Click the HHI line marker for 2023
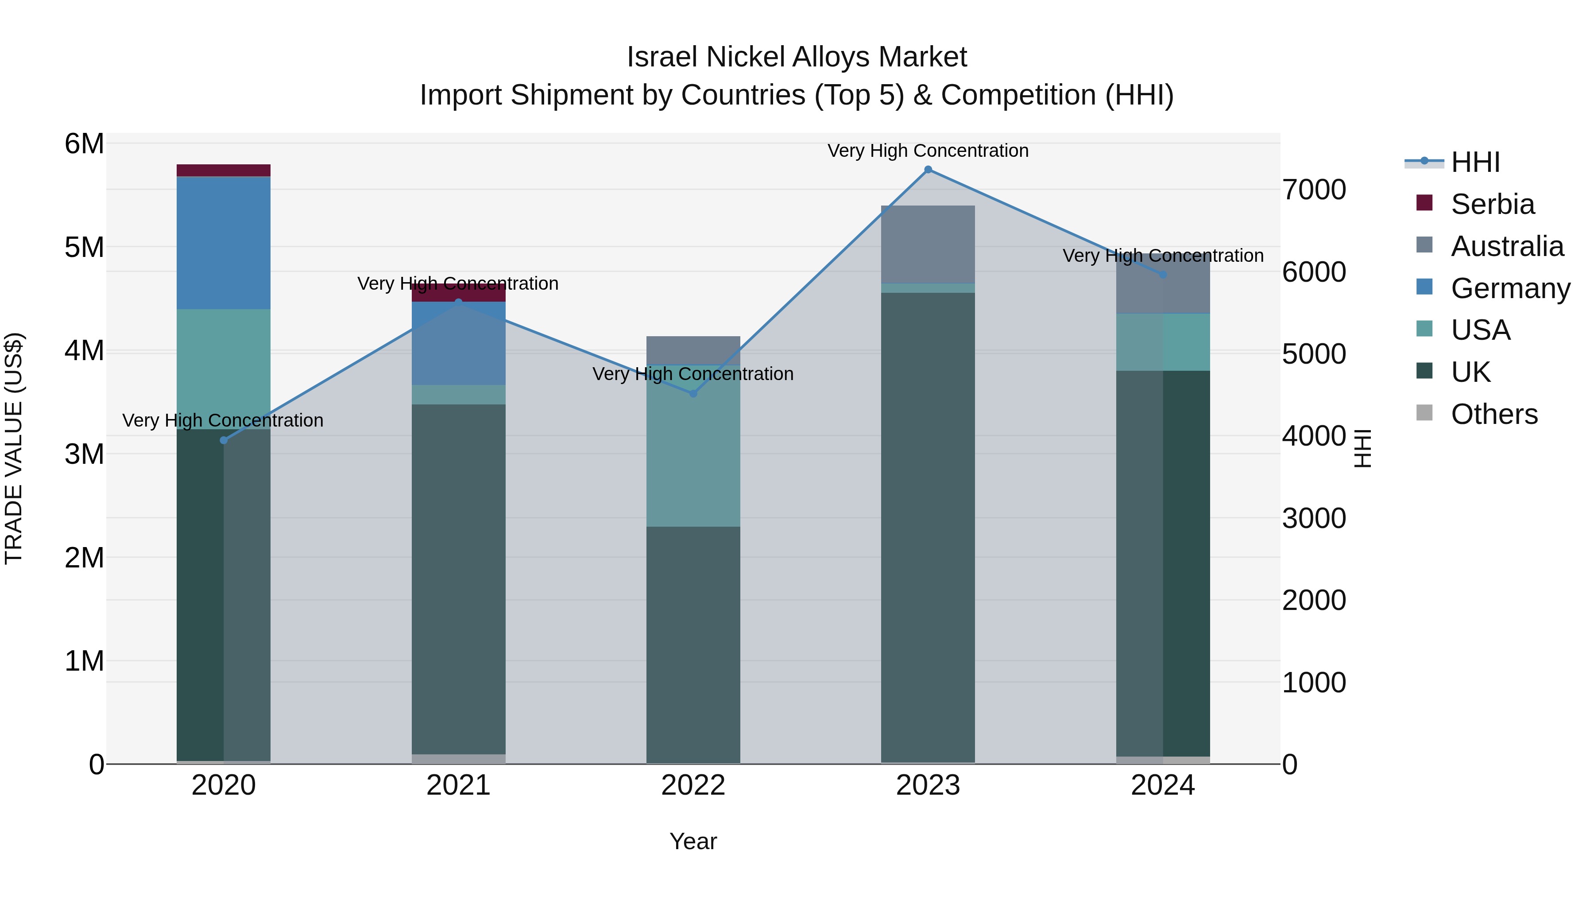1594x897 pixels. point(928,170)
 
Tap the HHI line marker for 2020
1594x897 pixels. point(224,440)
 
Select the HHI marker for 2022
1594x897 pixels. point(693,394)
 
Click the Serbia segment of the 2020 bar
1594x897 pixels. point(224,170)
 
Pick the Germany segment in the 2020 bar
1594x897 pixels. point(224,243)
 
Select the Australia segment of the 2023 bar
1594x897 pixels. point(928,244)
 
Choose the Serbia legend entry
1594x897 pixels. point(1492,204)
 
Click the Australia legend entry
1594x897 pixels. point(1506,246)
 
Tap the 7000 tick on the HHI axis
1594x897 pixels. point(1314,190)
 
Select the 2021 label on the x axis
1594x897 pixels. point(458,785)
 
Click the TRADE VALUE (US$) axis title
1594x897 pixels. point(14,448)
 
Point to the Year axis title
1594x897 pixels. point(693,841)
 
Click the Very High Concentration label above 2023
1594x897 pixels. point(928,151)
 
